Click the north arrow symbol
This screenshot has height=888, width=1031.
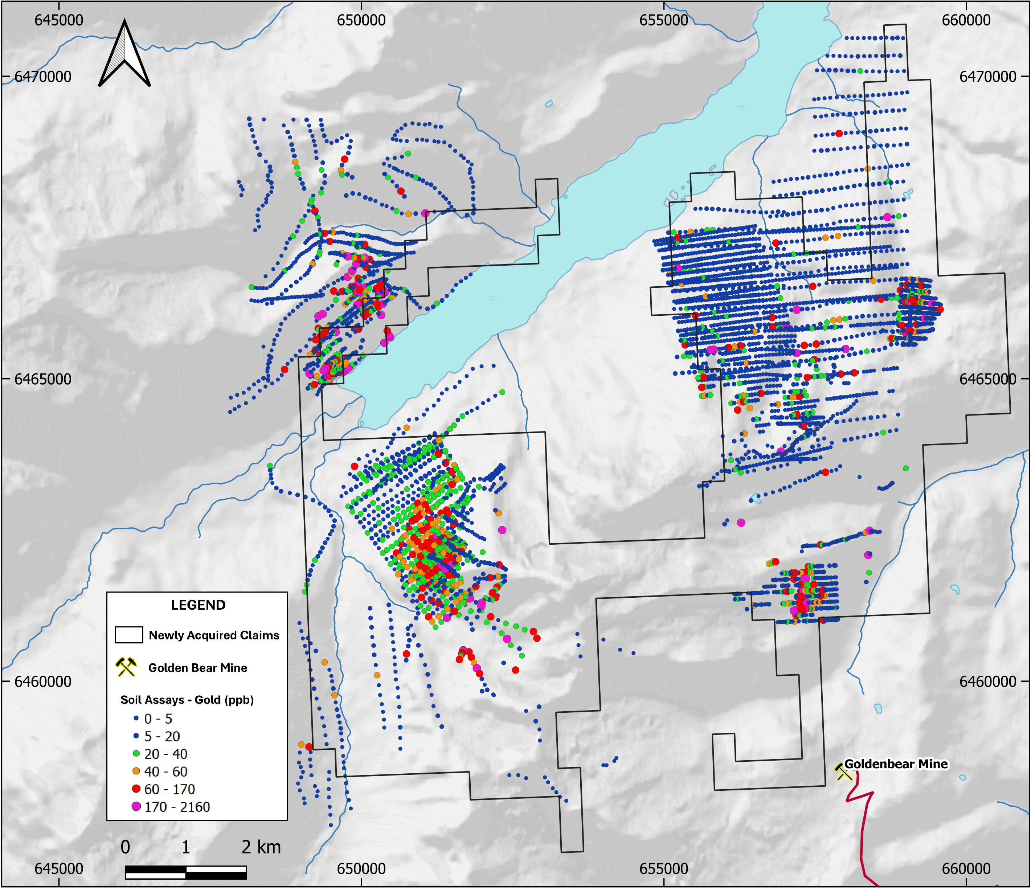pyautogui.click(x=124, y=54)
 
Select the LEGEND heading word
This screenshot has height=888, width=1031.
pyautogui.click(x=198, y=605)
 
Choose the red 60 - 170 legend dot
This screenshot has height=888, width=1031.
pyautogui.click(x=136, y=789)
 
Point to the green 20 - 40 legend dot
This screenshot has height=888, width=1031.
pyautogui.click(x=136, y=754)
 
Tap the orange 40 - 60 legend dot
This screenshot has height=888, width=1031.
pyautogui.click(x=136, y=771)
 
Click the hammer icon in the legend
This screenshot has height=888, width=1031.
pyautogui.click(x=126, y=667)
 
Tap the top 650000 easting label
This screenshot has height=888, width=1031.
pyautogui.click(x=361, y=20)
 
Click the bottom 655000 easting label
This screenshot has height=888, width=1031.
pyautogui.click(x=664, y=869)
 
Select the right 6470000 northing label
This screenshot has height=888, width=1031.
pyautogui.click(x=988, y=77)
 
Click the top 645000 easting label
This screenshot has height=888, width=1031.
pyautogui.click(x=59, y=20)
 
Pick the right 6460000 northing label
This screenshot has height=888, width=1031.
pyautogui.click(x=988, y=681)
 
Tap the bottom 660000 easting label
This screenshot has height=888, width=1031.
pyautogui.click(x=966, y=869)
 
